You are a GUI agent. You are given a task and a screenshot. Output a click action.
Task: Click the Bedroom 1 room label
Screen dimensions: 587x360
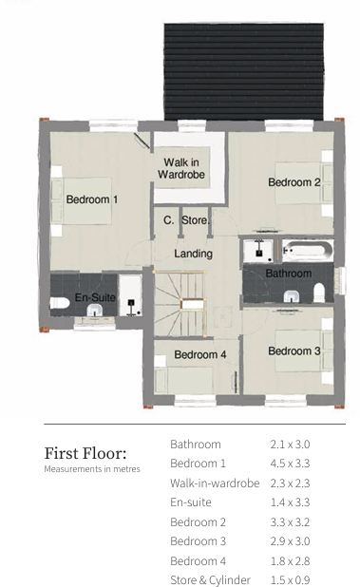[92, 199]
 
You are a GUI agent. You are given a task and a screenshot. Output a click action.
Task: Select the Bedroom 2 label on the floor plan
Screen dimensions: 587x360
[294, 182]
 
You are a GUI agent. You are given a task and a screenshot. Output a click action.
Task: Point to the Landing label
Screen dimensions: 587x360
[193, 254]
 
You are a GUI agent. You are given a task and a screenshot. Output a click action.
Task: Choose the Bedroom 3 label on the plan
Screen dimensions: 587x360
[294, 351]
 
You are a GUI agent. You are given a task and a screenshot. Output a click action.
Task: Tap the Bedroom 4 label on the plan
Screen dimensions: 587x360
[200, 355]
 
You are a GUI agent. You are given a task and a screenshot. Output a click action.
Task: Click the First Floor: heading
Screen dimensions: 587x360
[85, 452]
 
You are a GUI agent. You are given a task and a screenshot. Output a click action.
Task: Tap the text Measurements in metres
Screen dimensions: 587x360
[91, 469]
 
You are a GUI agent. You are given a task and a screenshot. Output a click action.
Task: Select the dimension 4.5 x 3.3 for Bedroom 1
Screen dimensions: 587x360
[291, 464]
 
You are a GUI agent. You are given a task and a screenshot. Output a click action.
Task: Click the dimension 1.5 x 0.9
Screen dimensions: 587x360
[291, 580]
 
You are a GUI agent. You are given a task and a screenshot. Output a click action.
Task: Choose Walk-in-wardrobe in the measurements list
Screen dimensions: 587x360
[215, 483]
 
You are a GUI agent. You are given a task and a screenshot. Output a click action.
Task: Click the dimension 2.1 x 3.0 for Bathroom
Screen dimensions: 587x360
[291, 445]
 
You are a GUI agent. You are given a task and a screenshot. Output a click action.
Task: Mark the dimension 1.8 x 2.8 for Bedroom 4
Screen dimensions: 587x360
[291, 561]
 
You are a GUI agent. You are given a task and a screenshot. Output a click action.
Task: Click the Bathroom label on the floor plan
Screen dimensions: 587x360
[288, 274]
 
